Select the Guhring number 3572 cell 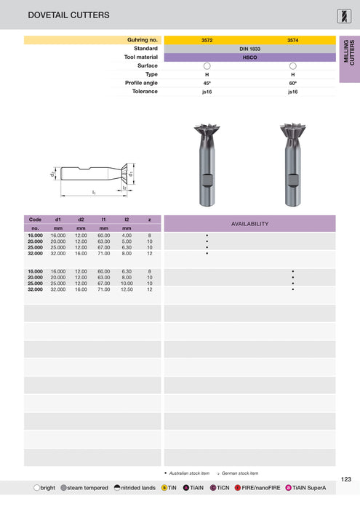pyautogui.click(x=207, y=39)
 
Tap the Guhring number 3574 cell pyautogui.click(x=292, y=39)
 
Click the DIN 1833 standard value pyautogui.click(x=249, y=48)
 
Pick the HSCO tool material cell pyautogui.click(x=249, y=57)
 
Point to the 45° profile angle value pyautogui.click(x=207, y=83)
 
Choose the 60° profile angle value pyautogui.click(x=292, y=83)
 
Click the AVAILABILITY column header pyautogui.click(x=249, y=224)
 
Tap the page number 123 pyautogui.click(x=345, y=478)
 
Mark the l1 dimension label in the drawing pyautogui.click(x=94, y=192)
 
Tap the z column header pyautogui.click(x=149, y=219)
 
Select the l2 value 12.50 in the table pyautogui.click(x=127, y=289)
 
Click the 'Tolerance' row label pyautogui.click(x=143, y=92)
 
